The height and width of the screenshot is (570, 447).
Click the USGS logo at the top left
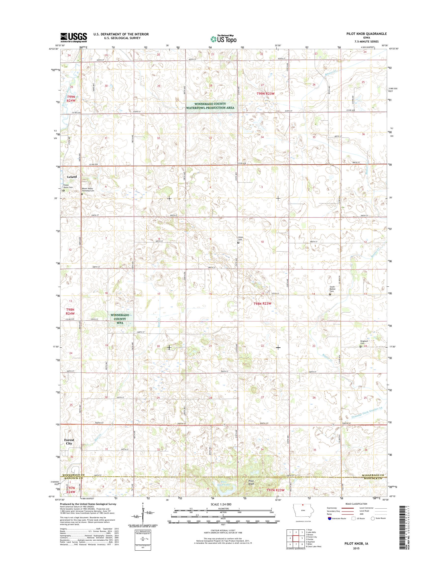click(x=73, y=37)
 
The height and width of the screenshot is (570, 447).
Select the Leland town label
click(x=72, y=177)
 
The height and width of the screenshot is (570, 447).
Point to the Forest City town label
click(x=69, y=442)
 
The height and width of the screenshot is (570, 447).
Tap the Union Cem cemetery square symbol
click(x=238, y=243)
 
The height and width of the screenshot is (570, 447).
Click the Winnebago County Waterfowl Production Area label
click(x=210, y=106)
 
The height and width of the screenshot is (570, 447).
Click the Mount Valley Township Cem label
click(x=88, y=190)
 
